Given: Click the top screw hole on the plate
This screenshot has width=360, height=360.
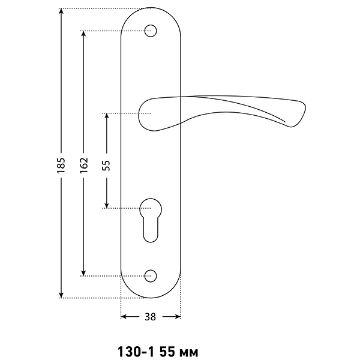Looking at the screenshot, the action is click(x=151, y=31).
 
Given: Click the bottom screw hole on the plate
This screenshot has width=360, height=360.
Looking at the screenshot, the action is click(x=151, y=276).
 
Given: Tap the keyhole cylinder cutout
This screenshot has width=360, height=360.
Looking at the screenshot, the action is click(x=151, y=220).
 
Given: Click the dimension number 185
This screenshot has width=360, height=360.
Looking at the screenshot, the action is click(x=61, y=166).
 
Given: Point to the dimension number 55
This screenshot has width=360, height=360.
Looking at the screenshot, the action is click(x=106, y=166).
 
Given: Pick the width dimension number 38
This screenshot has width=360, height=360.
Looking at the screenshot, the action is click(x=151, y=317).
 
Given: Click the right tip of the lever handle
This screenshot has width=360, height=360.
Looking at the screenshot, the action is click(x=305, y=108).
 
